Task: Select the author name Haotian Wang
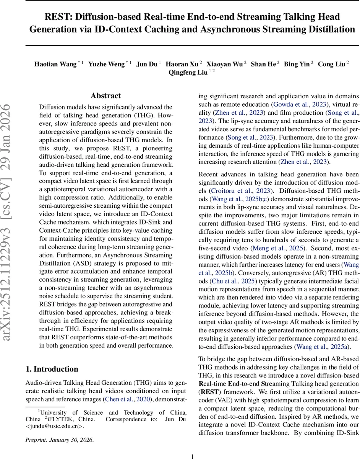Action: coord(55,64)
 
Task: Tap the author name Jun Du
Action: coord(147,64)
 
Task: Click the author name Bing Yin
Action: coord(297,64)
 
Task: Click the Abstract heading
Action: coord(106,96)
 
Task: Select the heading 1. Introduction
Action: coord(52,369)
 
